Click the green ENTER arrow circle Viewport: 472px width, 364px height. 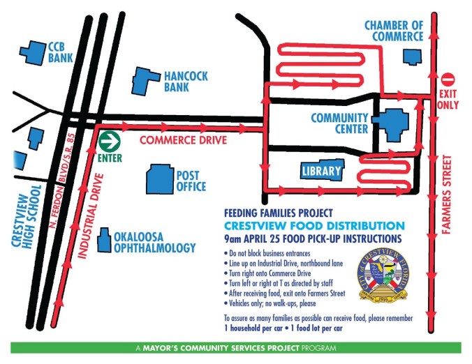pos(108,142)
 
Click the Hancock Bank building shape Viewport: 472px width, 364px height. pos(147,80)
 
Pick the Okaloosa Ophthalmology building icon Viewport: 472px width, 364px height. pos(104,241)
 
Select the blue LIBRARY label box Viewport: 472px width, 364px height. pos(322,171)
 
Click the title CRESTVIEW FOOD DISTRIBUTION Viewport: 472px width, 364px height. pos(314,226)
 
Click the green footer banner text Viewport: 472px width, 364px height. pos(235,347)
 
